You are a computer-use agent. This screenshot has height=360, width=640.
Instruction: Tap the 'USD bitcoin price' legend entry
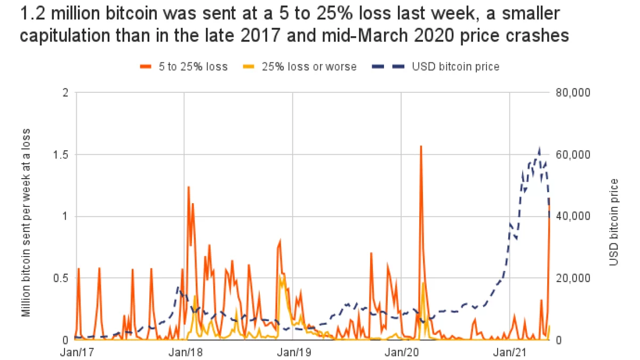[x=456, y=67]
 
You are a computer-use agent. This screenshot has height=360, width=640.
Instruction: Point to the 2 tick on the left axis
[x=66, y=93]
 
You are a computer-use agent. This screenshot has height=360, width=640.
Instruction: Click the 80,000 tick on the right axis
[x=571, y=93]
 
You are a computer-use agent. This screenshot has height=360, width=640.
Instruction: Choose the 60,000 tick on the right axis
[x=571, y=155]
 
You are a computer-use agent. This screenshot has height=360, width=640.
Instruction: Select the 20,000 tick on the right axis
[x=571, y=278]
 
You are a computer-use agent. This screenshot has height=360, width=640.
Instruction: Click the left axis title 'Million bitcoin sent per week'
[x=26, y=221]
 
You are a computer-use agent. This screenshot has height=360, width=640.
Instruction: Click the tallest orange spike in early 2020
[x=421, y=146]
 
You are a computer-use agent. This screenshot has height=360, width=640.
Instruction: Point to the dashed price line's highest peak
[x=540, y=149]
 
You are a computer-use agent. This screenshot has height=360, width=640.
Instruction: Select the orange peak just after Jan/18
[x=189, y=187]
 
